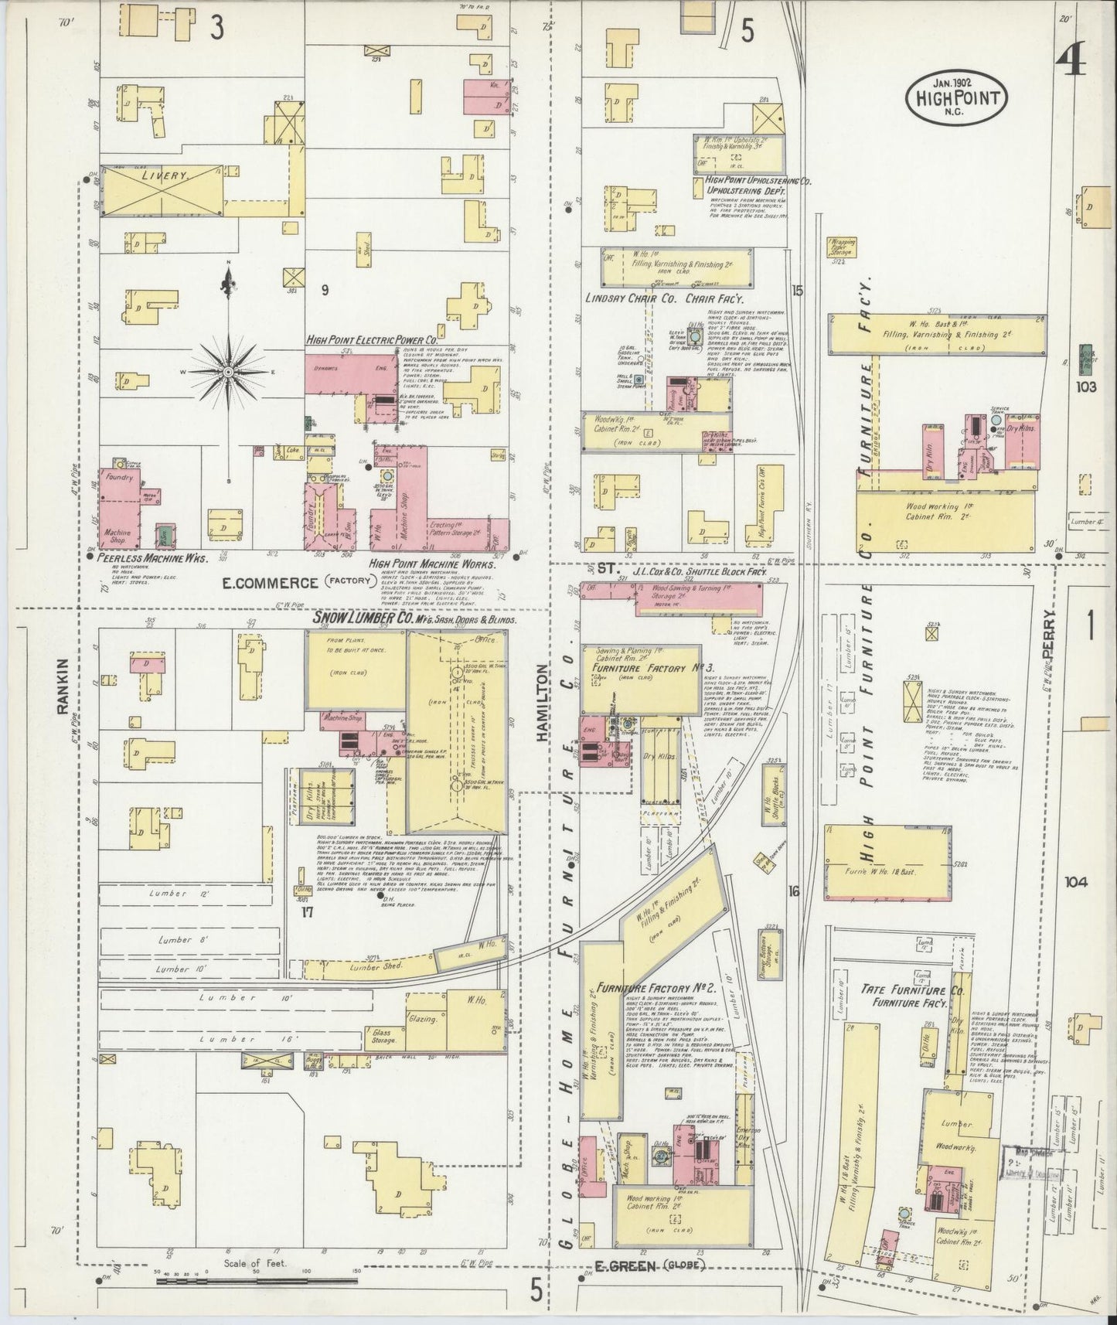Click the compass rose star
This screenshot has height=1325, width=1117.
(x=228, y=372)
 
